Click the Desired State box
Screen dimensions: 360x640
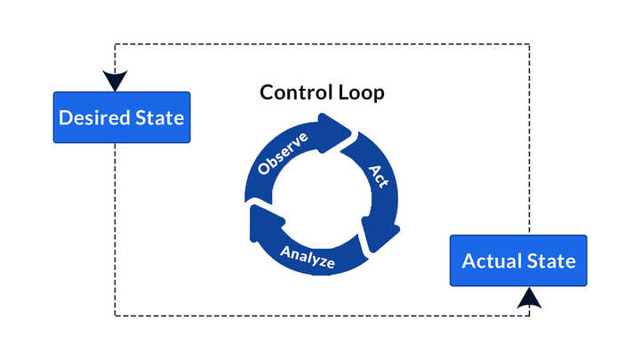(121, 117)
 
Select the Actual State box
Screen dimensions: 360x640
(518, 260)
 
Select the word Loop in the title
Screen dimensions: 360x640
(361, 92)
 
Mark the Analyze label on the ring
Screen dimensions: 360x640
(308, 254)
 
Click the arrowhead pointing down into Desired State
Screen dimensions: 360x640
(115, 82)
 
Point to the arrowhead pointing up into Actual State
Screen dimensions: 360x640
(529, 298)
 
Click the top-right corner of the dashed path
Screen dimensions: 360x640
(530, 44)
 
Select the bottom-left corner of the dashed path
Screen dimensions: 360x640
(115, 316)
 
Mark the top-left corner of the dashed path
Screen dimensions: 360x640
(115, 44)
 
